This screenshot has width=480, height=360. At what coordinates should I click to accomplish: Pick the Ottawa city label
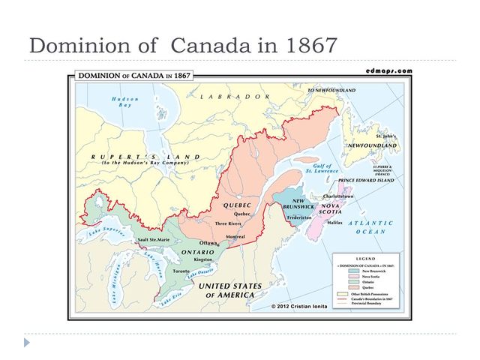pos(208,243)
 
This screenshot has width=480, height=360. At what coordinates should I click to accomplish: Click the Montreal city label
pos(235,237)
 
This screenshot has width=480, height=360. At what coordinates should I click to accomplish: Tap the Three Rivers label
pos(228,223)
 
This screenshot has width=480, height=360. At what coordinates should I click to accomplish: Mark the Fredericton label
pos(299,217)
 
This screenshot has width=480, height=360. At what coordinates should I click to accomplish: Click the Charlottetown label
pos(335,196)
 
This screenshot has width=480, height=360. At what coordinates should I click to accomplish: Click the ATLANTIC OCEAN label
pos(370,227)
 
